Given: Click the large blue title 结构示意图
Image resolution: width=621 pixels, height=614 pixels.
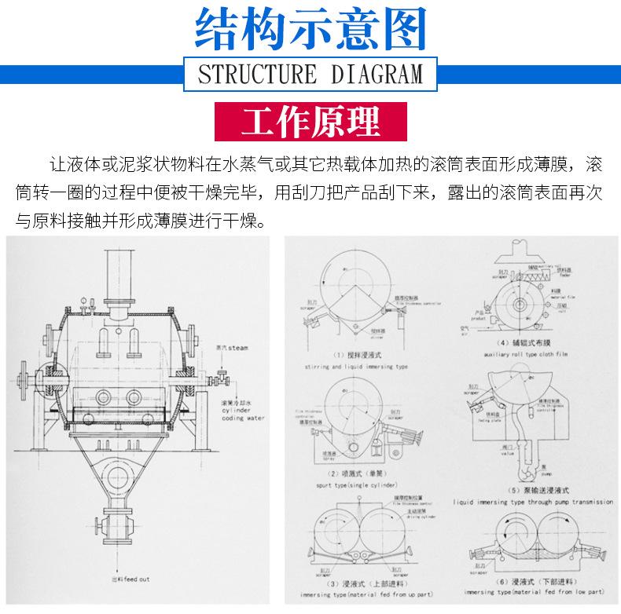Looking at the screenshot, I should [310, 30].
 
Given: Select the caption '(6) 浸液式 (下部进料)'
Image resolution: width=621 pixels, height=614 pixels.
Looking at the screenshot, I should [531, 583].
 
